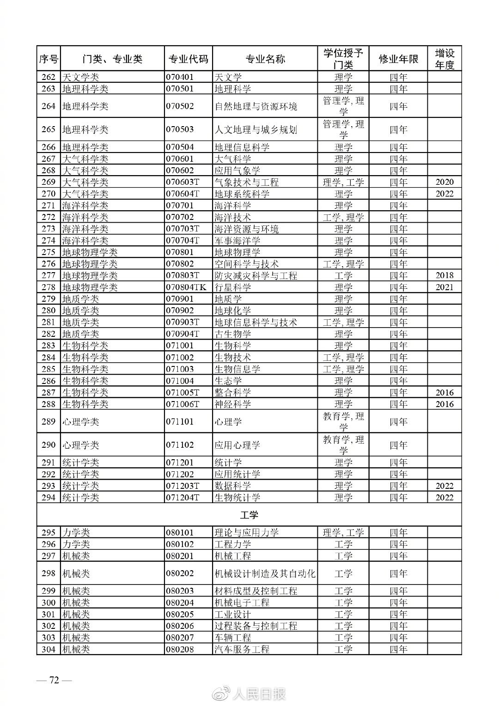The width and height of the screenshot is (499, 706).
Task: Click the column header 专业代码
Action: tap(188, 59)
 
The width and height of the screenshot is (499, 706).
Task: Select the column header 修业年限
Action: tap(398, 59)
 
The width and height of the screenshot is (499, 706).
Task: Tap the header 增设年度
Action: tap(444, 59)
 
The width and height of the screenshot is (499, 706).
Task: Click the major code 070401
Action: tap(180, 77)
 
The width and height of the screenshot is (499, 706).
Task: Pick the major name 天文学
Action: tap(228, 77)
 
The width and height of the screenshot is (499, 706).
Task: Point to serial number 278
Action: tap(48, 287)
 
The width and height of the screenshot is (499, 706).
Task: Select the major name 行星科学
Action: tap(233, 287)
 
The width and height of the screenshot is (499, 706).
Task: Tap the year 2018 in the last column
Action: tap(444, 275)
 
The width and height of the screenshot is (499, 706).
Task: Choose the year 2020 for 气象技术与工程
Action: tap(444, 182)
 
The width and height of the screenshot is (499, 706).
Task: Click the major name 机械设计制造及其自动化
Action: tap(265, 574)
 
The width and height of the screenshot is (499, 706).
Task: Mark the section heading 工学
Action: tap(249, 515)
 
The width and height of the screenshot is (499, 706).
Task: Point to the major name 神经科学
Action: tap(233, 404)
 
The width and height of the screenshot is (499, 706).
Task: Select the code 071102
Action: tap(180, 445)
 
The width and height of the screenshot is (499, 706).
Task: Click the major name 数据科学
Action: tap(233, 486)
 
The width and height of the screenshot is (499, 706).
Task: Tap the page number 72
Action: tap(55, 680)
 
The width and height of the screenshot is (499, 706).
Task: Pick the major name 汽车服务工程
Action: tap(242, 649)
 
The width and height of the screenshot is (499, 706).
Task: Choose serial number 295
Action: tap(48, 533)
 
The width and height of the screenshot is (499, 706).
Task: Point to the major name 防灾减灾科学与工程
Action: tap(256, 276)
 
